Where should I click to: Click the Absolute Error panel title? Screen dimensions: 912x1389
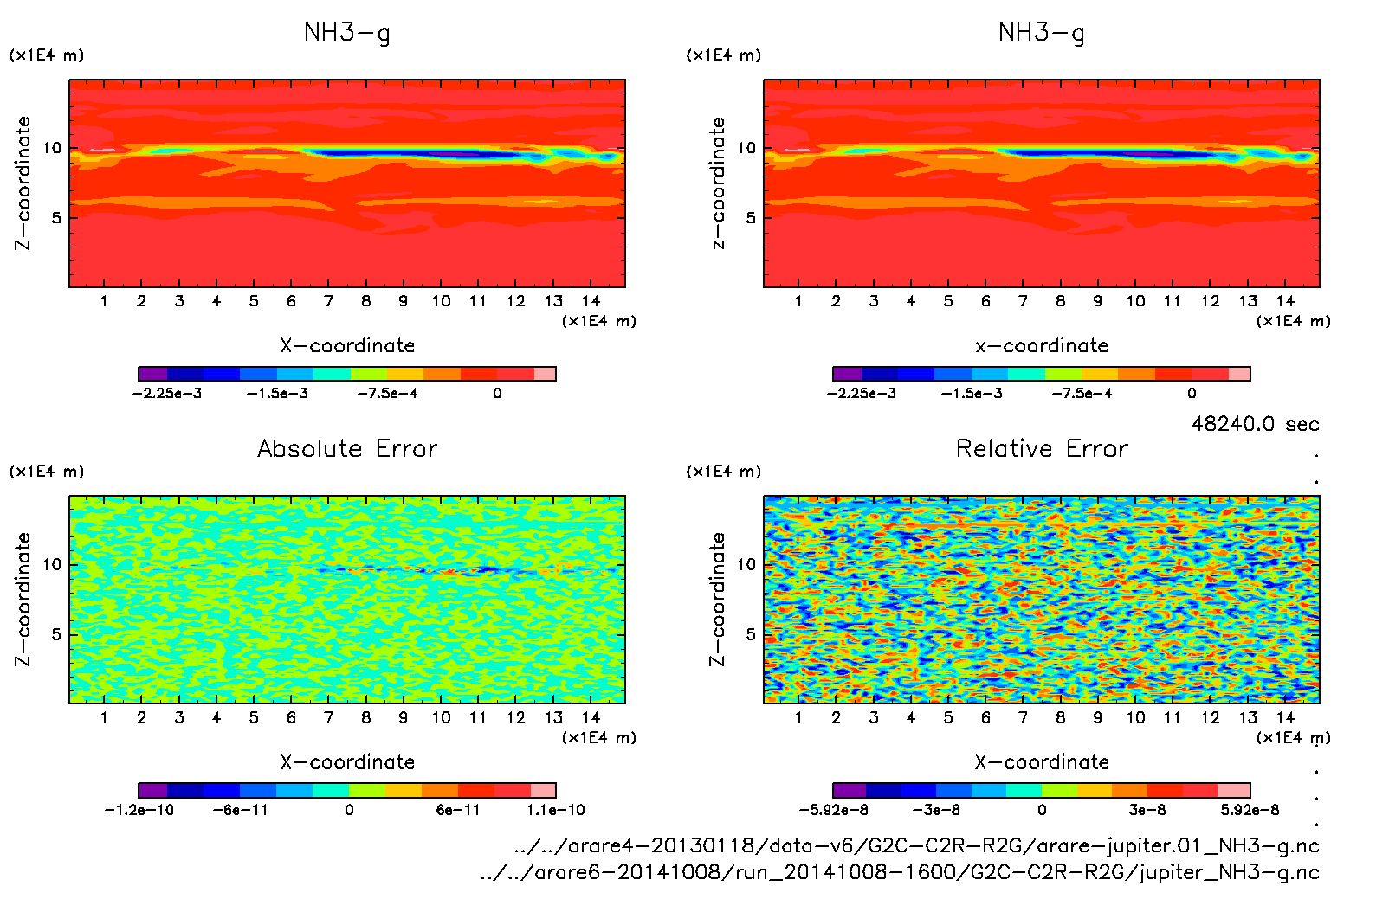347,448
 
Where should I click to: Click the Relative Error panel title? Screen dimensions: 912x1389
1042,448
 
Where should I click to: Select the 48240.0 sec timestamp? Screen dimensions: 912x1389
1255,424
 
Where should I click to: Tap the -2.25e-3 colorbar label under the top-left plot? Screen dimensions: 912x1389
167,394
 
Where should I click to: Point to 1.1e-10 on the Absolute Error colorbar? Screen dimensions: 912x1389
556,811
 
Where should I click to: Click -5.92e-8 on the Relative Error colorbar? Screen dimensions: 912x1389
833,811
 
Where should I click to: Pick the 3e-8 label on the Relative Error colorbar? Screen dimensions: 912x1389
1147,811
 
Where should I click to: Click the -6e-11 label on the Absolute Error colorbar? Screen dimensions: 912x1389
240,811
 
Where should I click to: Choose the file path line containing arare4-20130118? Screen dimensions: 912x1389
916,845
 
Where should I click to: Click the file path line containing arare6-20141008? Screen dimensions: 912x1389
900,872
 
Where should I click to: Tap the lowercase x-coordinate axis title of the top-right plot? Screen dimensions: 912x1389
1042,346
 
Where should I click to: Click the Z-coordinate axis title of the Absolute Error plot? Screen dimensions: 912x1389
23,599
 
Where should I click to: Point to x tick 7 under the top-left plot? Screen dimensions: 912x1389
328,301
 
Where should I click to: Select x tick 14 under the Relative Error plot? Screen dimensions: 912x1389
1285,717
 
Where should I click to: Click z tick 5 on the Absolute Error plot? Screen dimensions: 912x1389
56,634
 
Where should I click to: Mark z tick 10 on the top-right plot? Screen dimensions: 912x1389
746,148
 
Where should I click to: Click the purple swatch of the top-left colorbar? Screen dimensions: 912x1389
152,374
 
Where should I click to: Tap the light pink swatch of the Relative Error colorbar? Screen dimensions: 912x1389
1233,790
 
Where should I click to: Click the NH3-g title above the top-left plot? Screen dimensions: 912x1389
347,33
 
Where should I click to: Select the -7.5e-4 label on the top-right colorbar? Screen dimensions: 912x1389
1082,394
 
